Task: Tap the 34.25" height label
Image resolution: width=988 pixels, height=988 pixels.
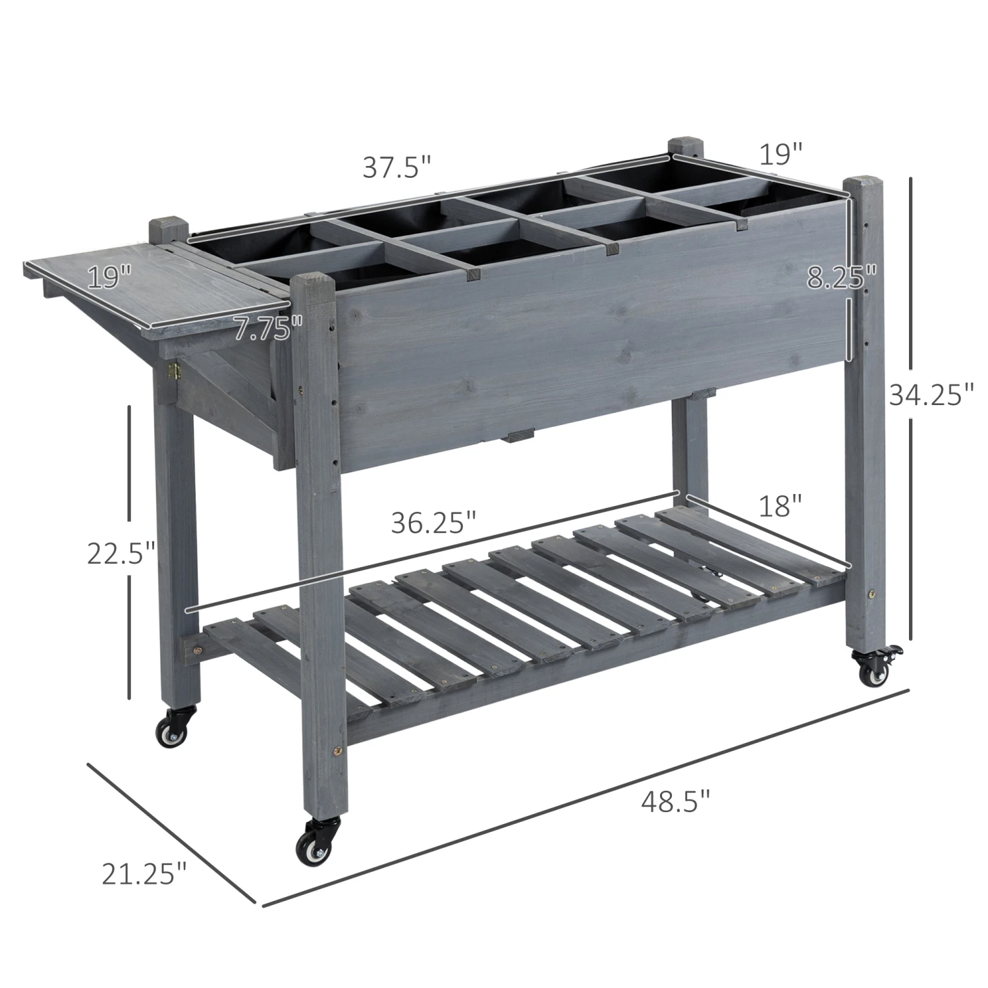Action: pyautogui.click(x=931, y=395)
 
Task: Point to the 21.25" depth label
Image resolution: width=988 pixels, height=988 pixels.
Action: pyautogui.click(x=144, y=874)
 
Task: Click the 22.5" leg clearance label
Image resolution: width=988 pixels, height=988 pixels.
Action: pyautogui.click(x=122, y=553)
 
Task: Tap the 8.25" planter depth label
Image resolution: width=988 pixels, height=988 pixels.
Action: pyautogui.click(x=842, y=278)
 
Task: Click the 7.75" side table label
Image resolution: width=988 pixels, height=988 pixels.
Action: pyautogui.click(x=268, y=327)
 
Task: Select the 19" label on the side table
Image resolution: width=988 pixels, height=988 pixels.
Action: pyautogui.click(x=109, y=277)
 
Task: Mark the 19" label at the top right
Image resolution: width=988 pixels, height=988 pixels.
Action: pyautogui.click(x=781, y=155)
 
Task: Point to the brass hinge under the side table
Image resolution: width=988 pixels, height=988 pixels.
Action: pyautogui.click(x=175, y=371)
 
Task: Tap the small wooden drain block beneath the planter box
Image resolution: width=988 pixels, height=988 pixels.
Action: pyautogui.click(x=520, y=435)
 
